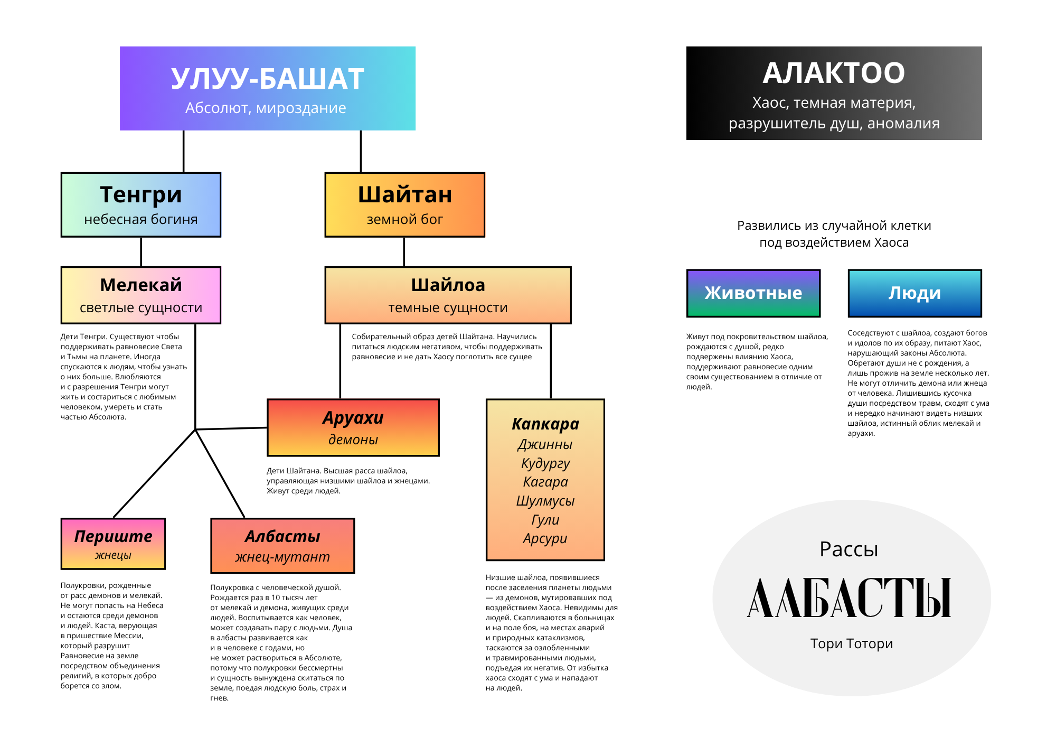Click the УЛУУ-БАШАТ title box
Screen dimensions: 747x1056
pyautogui.click(x=267, y=88)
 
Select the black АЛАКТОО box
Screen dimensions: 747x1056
pyautogui.click(x=834, y=93)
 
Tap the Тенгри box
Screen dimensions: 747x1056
pyautogui.click(x=141, y=205)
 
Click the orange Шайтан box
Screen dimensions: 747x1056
pyautogui.click(x=404, y=205)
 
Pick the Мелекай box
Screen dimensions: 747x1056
pyautogui.click(x=141, y=295)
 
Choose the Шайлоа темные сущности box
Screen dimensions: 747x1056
pyautogui.click(x=448, y=295)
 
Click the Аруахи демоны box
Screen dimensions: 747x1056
pyautogui.click(x=353, y=427)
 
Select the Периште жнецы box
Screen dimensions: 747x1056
pyautogui.click(x=113, y=544)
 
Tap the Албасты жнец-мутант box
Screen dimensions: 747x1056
pyautogui.click(x=282, y=546)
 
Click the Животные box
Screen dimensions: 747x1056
pyautogui.click(x=753, y=293)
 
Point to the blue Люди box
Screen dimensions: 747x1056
pyautogui.click(x=914, y=293)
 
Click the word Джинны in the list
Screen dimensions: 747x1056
pyautogui.click(x=545, y=444)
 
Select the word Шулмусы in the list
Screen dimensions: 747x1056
pyautogui.click(x=545, y=501)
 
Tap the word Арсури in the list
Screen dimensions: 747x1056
pyautogui.click(x=545, y=538)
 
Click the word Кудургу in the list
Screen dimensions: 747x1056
pyautogui.click(x=545, y=463)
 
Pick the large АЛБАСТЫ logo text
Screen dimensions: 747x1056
pyautogui.click(x=849, y=598)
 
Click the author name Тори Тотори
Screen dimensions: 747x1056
pyautogui.click(x=851, y=643)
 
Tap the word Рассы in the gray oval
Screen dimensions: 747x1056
pyautogui.click(x=848, y=549)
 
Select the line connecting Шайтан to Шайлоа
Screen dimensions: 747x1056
pyautogui.click(x=404, y=252)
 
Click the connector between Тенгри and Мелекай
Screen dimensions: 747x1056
pyautogui.click(x=141, y=252)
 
